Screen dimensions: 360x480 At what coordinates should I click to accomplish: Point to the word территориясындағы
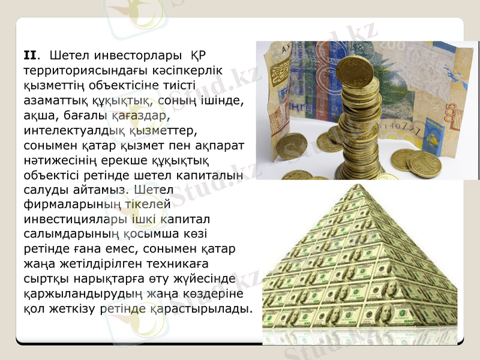click(83, 71)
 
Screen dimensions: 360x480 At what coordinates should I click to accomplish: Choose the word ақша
click(38, 116)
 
